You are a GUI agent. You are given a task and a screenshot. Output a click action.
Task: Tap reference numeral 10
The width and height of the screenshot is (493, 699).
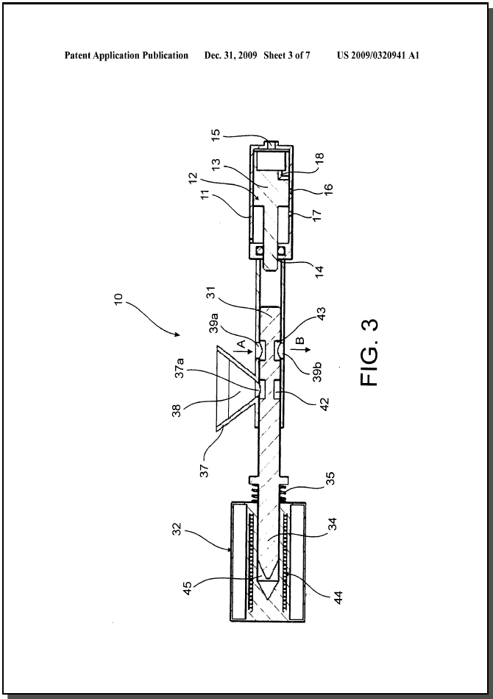[x=118, y=298]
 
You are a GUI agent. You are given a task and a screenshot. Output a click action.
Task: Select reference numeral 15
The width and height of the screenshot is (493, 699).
[x=215, y=134]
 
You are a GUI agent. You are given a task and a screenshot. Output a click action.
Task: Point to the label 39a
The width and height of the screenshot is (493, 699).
[x=214, y=323]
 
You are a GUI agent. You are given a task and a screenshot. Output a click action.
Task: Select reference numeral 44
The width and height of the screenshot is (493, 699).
[x=339, y=597]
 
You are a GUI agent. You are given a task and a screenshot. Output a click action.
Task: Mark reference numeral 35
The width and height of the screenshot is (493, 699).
[x=330, y=478]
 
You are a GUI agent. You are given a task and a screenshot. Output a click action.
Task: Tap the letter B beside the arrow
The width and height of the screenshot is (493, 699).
[x=300, y=340]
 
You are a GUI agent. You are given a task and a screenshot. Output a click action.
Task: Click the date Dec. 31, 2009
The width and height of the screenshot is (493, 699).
[x=231, y=56]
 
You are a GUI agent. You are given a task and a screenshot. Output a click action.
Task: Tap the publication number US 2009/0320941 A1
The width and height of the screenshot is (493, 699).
[x=378, y=56]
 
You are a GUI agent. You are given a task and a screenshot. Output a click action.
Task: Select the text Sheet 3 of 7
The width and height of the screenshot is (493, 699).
[x=287, y=56]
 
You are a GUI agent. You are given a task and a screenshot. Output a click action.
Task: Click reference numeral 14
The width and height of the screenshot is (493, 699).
[x=319, y=270]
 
